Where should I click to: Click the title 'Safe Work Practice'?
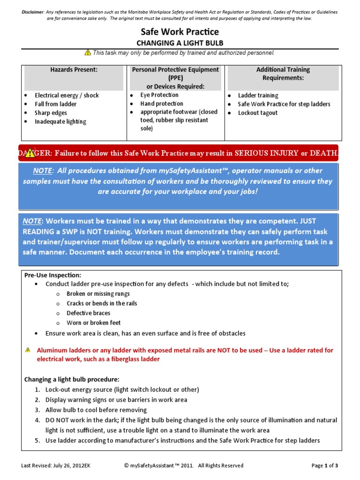tap(180, 32)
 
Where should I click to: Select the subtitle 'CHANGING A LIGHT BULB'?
tap(180, 43)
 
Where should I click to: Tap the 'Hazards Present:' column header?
tap(74, 70)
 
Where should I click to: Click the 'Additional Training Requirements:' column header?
tap(283, 74)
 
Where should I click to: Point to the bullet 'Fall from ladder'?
tap(55, 104)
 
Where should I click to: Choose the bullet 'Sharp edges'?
tap(51, 113)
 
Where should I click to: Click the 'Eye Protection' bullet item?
tap(159, 95)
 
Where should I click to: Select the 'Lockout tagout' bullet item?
tap(258, 113)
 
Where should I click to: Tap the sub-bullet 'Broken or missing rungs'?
tap(98, 294)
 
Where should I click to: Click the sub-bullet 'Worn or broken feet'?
tap(93, 323)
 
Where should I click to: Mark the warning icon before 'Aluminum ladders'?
tap(28, 350)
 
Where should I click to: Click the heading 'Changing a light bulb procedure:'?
tap(72, 379)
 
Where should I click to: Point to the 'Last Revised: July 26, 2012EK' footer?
tap(58, 465)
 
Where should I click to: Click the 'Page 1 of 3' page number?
tap(324, 465)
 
